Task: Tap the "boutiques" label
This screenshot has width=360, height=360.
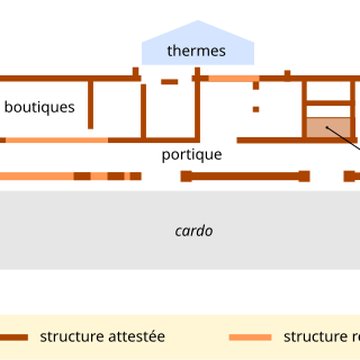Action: pyautogui.click(x=39, y=106)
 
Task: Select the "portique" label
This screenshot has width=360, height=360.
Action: pyautogui.click(x=192, y=155)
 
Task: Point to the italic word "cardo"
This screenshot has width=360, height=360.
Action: pyautogui.click(x=193, y=231)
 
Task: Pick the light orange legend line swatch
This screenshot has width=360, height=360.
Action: pyautogui.click(x=250, y=337)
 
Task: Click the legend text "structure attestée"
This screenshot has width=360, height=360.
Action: pyautogui.click(x=102, y=337)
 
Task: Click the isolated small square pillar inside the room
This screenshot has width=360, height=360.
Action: pyautogui.click(x=256, y=107)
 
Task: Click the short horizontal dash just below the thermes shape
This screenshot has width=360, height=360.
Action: pyautogui.click(x=170, y=80)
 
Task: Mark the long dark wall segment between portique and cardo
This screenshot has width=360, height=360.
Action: pyautogui.click(x=245, y=176)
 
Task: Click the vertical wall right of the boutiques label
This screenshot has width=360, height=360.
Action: pyautogui.click(x=94, y=105)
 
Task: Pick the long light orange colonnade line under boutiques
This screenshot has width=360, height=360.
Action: pyautogui.click(x=35, y=176)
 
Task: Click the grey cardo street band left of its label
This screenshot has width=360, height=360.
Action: pyautogui.click(x=80, y=231)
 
